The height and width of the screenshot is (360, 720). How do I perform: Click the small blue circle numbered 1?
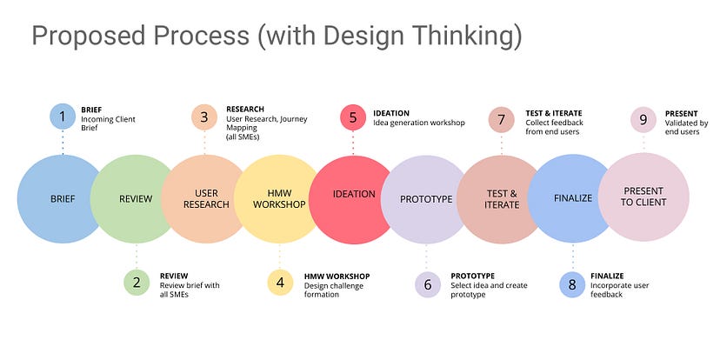(x=63, y=117)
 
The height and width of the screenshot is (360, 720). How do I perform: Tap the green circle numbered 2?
(x=136, y=283)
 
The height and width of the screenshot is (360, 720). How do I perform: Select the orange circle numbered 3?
(x=204, y=117)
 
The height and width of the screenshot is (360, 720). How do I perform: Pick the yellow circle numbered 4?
(x=280, y=283)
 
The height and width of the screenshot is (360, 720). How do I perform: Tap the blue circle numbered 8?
(x=572, y=283)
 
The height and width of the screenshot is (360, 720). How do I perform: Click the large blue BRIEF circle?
(x=61, y=198)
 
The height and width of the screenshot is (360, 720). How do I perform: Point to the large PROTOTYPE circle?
(x=425, y=199)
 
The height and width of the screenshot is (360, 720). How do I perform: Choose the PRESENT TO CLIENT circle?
(x=643, y=197)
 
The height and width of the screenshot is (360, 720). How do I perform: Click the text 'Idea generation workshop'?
(x=419, y=123)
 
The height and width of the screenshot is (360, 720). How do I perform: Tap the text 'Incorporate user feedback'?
(x=620, y=290)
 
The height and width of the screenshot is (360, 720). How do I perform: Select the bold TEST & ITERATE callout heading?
(x=554, y=113)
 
